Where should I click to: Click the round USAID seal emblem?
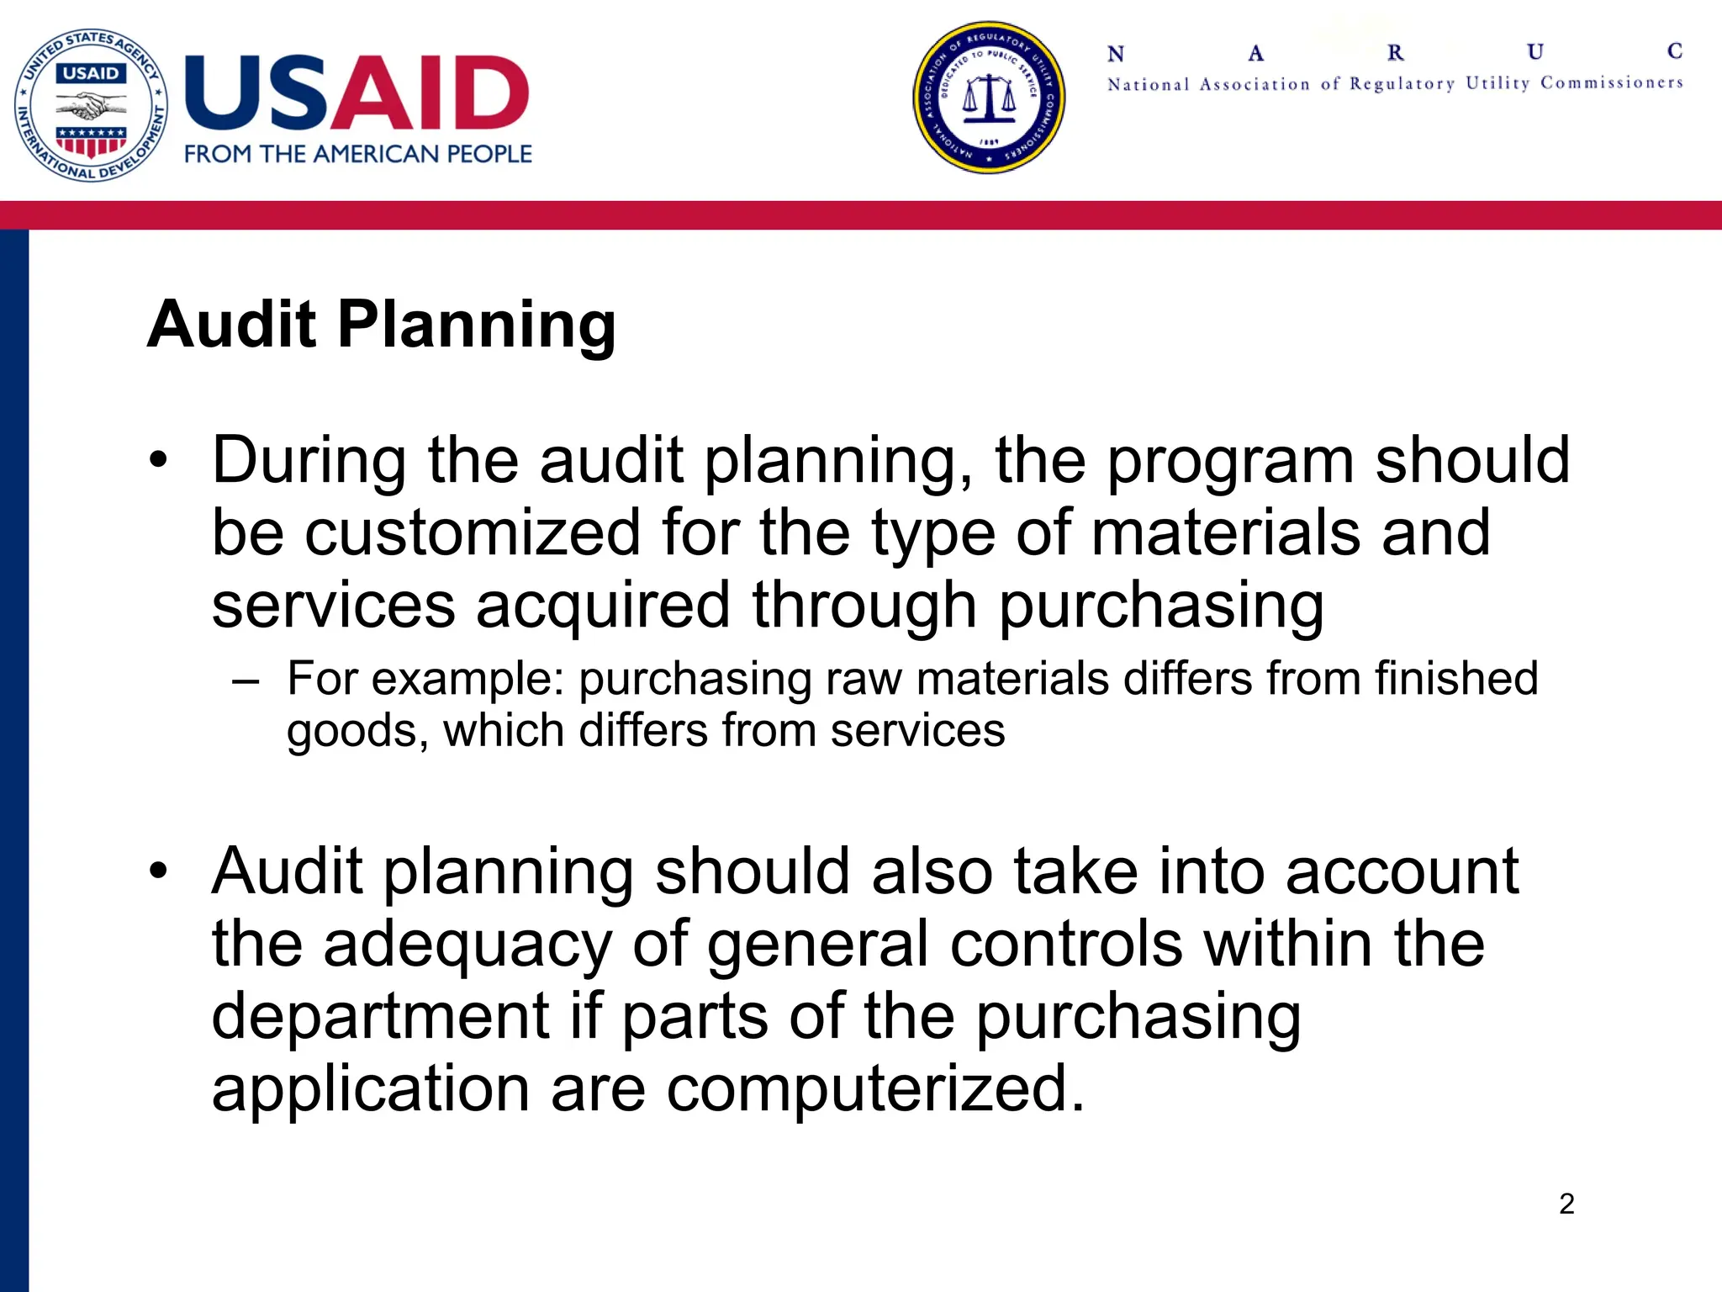point(91,105)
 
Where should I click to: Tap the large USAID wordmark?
point(357,93)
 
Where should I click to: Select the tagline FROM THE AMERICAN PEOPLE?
point(358,154)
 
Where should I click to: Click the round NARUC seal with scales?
point(989,98)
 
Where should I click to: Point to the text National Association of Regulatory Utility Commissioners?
point(1394,83)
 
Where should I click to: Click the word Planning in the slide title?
point(477,325)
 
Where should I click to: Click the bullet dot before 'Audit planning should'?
point(158,871)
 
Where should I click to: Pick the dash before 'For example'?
point(246,679)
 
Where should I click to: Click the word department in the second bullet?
point(380,1016)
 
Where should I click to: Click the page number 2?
point(1566,1204)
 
